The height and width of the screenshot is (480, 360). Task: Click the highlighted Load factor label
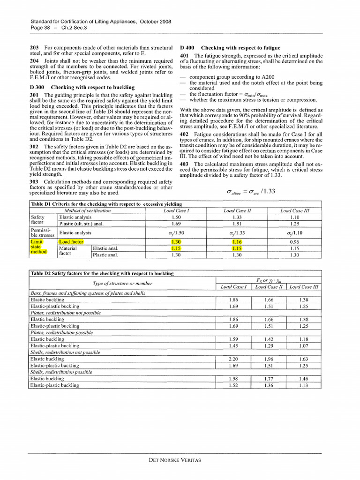click(71, 242)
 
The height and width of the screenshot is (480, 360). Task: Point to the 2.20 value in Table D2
click(233, 359)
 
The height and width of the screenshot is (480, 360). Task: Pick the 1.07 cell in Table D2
click(303, 346)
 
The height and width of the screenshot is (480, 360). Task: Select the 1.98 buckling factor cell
click(233, 378)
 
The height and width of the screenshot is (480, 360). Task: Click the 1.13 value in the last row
click(303, 385)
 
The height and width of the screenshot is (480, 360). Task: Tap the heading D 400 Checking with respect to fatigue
click(230, 48)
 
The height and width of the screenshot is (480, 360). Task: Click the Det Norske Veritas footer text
click(174, 460)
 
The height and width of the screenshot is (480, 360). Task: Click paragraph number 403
click(184, 164)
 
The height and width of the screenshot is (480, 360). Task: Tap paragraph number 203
click(34, 48)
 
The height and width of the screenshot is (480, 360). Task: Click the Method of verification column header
click(89, 211)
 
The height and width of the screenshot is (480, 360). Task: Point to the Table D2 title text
click(102, 273)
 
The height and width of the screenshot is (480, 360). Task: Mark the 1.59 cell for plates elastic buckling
click(233, 339)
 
